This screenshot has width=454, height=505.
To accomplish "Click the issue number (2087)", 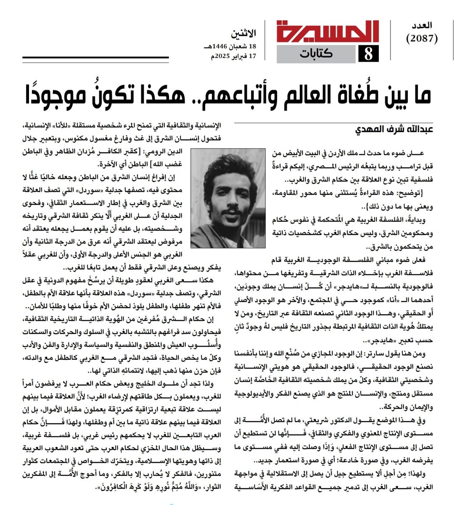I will point(422,39).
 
